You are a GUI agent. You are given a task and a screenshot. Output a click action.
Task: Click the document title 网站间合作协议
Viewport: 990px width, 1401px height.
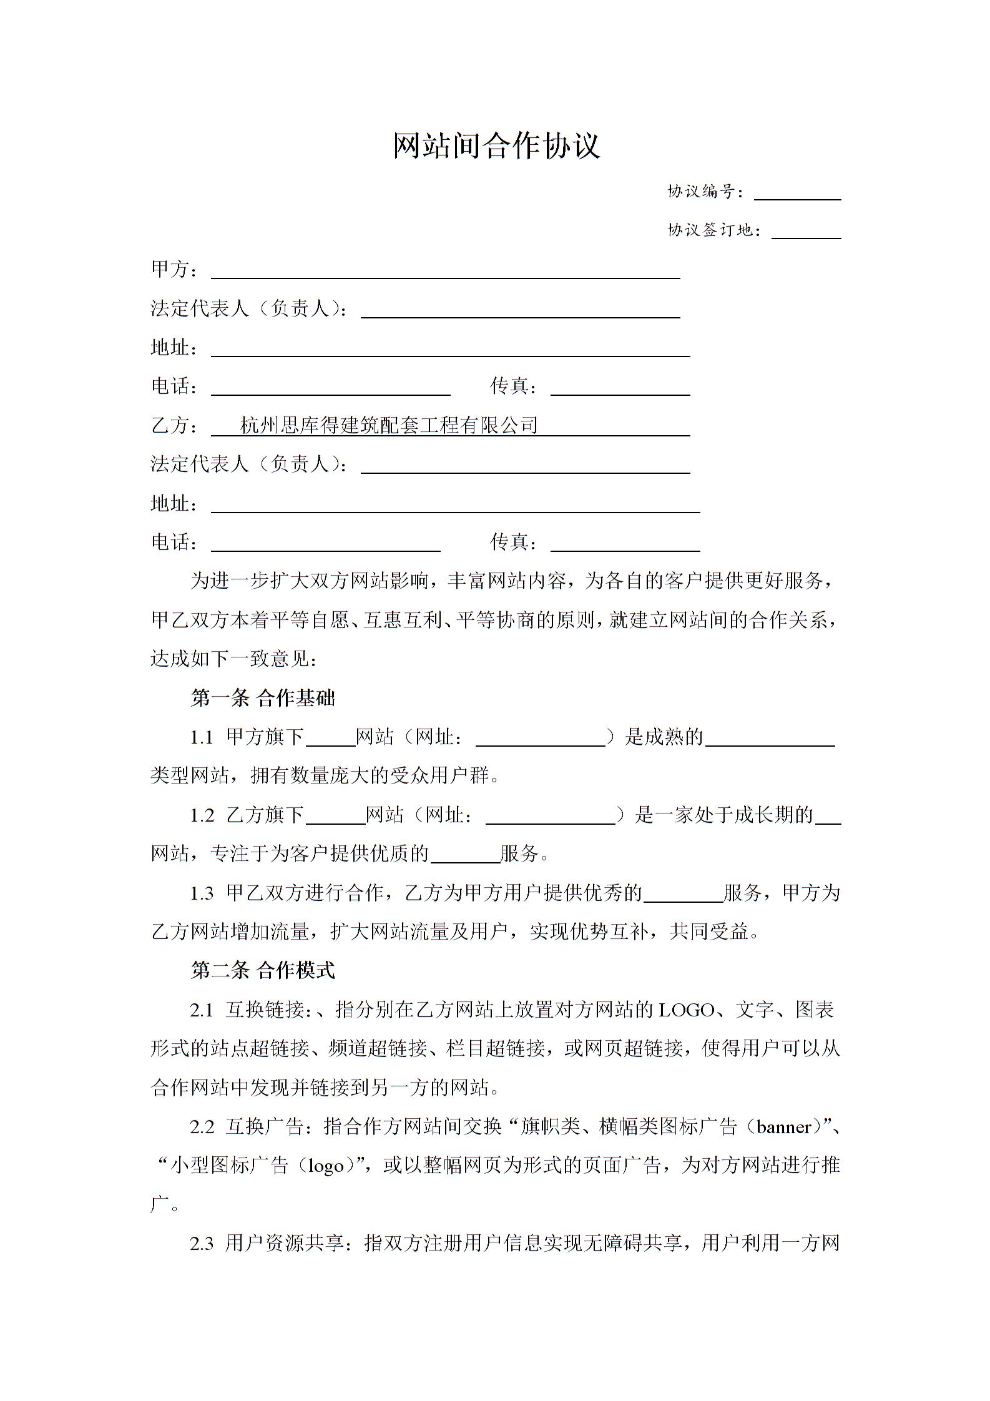click(x=496, y=146)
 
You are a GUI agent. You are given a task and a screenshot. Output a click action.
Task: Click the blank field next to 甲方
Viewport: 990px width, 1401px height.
click(x=445, y=271)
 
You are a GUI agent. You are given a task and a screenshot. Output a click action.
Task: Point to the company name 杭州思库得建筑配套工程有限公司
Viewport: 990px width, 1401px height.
click(x=389, y=426)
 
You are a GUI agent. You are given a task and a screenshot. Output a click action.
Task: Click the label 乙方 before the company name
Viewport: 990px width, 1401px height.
click(x=170, y=426)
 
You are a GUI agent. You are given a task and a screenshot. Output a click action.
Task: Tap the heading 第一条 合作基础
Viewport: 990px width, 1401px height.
click(x=263, y=698)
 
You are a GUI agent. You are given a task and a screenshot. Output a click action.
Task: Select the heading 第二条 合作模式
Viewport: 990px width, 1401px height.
click(x=263, y=970)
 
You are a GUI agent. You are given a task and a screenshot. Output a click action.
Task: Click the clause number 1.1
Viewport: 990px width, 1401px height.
click(x=202, y=737)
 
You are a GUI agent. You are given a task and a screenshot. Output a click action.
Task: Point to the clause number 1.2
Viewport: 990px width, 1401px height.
click(x=202, y=815)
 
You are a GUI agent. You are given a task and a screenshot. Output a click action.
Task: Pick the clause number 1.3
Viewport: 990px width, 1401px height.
click(x=202, y=893)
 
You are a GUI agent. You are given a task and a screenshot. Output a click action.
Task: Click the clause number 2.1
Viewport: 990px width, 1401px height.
click(x=202, y=1010)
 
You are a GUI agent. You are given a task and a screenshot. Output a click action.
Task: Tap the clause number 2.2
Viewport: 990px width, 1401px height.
click(x=202, y=1126)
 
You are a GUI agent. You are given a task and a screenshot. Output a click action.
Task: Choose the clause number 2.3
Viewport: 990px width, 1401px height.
click(x=202, y=1243)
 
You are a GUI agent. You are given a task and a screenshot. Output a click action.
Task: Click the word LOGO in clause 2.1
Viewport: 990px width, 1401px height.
click(x=687, y=1010)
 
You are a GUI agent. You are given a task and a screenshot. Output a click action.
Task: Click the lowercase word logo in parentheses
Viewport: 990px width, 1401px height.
click(x=326, y=1166)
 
